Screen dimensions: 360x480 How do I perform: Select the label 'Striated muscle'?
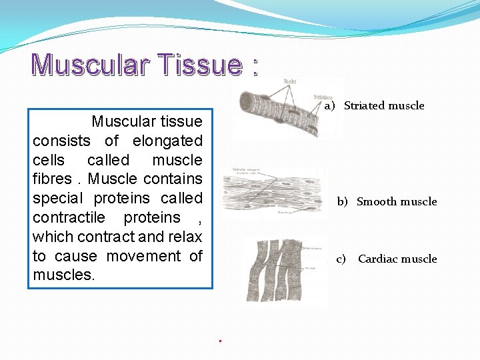coord(384,105)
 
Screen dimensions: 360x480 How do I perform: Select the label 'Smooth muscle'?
coord(397,201)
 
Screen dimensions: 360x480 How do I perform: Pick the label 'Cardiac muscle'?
coord(397,259)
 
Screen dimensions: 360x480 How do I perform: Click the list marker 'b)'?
coord(342,201)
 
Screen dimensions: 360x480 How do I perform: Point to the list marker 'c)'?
coord(341,259)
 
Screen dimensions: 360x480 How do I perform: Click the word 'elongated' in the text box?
coord(167,141)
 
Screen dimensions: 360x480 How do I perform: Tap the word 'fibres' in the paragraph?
coord(51,179)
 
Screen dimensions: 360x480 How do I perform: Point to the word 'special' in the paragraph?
coord(55,199)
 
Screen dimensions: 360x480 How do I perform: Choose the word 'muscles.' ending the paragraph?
coord(64,275)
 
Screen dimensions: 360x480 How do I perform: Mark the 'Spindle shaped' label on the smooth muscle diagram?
coord(242,170)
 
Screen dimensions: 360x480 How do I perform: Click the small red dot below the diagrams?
coord(219,341)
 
